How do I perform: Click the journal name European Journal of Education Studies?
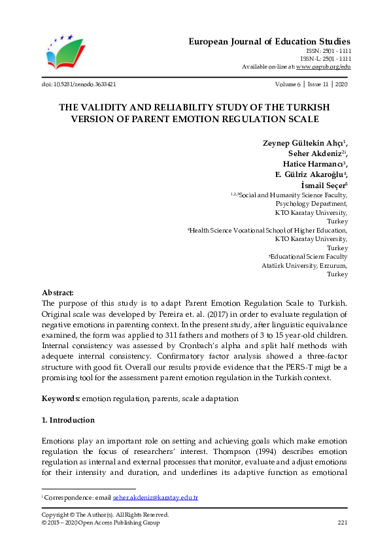pos(270,40)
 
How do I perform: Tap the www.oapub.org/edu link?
pos(324,67)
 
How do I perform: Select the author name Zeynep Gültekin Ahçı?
pos(307,143)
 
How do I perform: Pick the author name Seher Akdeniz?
pos(316,154)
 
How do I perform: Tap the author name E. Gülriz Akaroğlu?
pos(310,174)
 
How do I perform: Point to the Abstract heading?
pos(58,293)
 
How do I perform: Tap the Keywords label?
pos(60,398)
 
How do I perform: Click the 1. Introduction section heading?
pos(68,419)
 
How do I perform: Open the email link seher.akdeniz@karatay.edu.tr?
pos(155,498)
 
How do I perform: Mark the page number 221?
pos(342,522)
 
